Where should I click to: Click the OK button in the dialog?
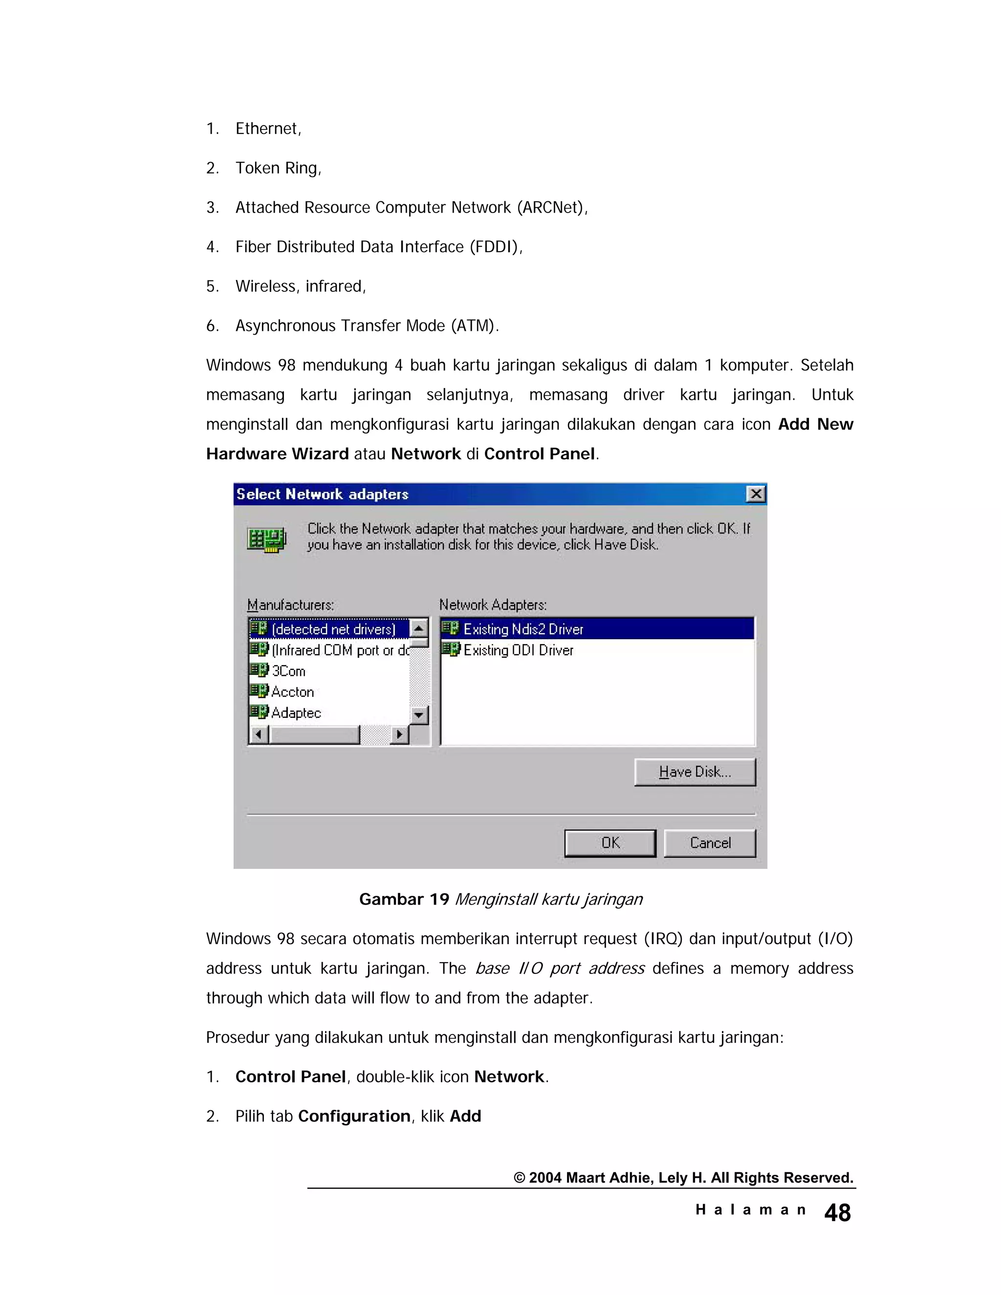(609, 842)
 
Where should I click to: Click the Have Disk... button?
(695, 772)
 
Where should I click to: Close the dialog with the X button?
(756, 494)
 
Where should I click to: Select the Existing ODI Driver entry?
(518, 650)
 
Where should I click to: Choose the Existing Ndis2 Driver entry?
(523, 628)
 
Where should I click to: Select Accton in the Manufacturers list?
(292, 691)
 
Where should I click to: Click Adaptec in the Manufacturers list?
(296, 712)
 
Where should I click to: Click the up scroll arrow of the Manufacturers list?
(419, 628)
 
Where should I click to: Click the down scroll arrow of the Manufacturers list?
(419, 714)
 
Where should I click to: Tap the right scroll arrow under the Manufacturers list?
(399, 734)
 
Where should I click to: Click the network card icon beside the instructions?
(266, 539)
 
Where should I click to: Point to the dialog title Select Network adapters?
(323, 494)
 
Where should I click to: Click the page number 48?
(837, 1212)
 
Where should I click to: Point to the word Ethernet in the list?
(267, 128)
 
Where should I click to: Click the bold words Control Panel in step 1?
(291, 1076)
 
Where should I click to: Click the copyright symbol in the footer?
(519, 1178)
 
